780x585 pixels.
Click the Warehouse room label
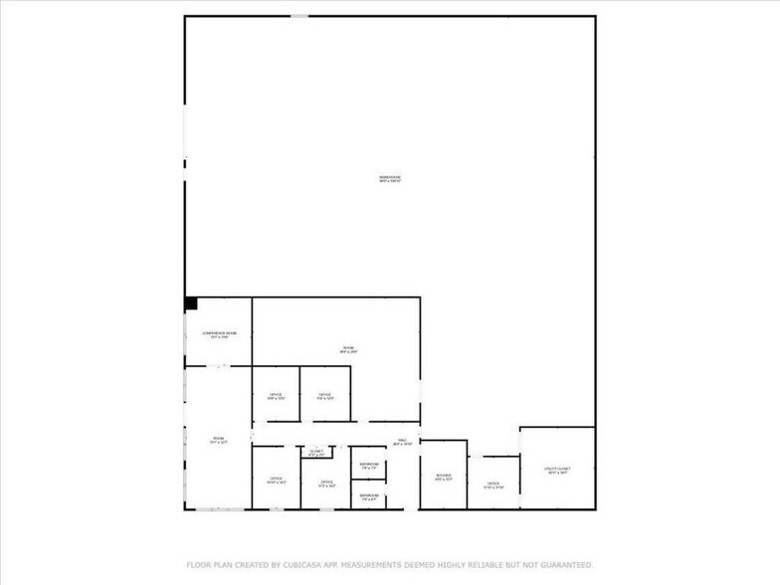pyautogui.click(x=395, y=179)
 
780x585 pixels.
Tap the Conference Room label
pyautogui.click(x=219, y=334)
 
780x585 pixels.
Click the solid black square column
pyautogui.click(x=191, y=303)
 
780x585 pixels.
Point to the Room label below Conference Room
pyautogui.click(x=218, y=440)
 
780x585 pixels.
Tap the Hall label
pyautogui.click(x=402, y=442)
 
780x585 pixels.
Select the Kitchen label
pyautogui.click(x=443, y=477)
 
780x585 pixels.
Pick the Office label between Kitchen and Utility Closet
pyautogui.click(x=493, y=486)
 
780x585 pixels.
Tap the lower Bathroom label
pyautogui.click(x=368, y=495)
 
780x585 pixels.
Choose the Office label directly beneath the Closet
pyautogui.click(x=325, y=484)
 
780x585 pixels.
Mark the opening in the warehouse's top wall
pyautogui.click(x=298, y=15)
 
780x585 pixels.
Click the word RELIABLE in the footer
pyautogui.click(x=487, y=564)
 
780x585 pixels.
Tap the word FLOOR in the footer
pyautogui.click(x=197, y=564)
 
